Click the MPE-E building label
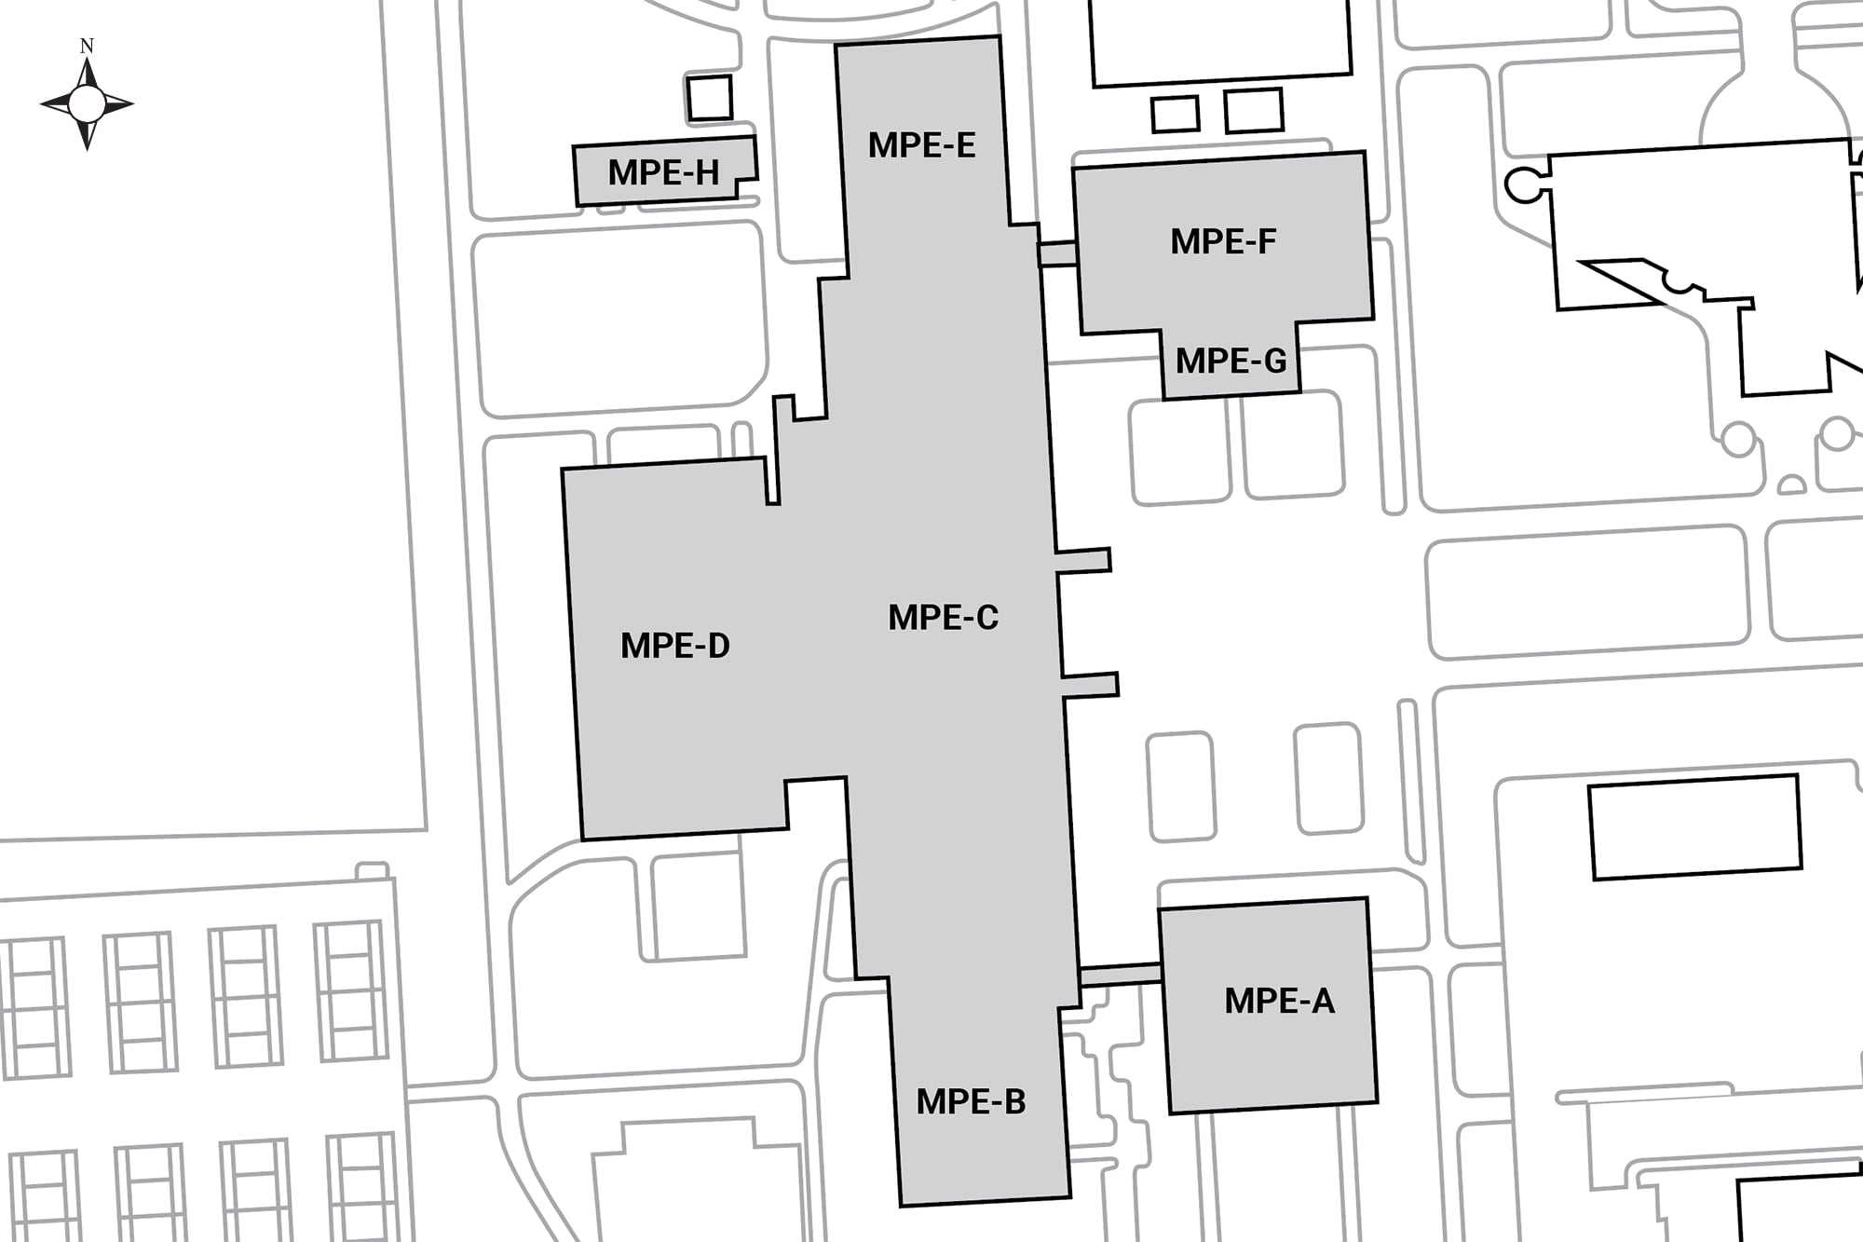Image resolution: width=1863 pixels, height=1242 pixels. pos(921,145)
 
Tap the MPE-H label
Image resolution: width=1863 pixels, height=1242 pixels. pos(663,172)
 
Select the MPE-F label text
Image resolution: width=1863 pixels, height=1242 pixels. pos(1223,242)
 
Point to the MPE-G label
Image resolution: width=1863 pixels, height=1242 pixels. pos(1231,361)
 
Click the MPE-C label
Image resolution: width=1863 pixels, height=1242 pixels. pos(943,618)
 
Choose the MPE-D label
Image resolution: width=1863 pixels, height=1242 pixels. pos(675,646)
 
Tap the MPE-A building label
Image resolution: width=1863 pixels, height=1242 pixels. pos(1279,1002)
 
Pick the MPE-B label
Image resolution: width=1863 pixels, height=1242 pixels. pos(971,1102)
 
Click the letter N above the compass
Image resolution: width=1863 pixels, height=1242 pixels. pos(87,46)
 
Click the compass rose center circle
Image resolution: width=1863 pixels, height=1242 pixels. pos(87,103)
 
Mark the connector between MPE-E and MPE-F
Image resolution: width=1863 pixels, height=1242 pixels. pos(1056,253)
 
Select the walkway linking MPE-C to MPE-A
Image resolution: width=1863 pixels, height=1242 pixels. pos(1120,975)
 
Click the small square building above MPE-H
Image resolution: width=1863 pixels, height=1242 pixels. pos(710,98)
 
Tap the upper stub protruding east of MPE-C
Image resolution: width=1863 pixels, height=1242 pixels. pos(1082,561)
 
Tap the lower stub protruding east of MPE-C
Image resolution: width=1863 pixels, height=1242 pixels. pos(1090,686)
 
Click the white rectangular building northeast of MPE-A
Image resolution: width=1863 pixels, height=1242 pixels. pos(1694,827)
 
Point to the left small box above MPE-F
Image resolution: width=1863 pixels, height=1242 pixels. pos(1175,114)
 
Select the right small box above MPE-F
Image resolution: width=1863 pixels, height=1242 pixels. pos(1254,111)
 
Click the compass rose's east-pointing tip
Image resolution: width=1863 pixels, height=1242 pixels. pos(134,103)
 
